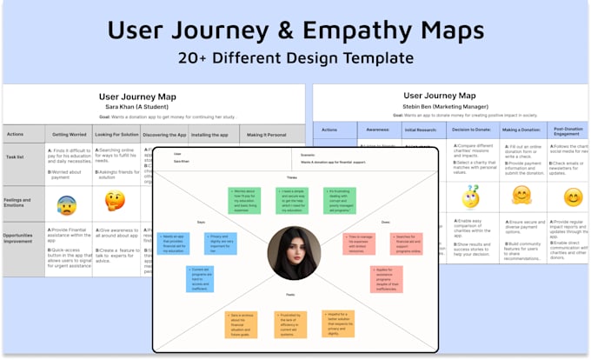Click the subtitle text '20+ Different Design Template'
[295, 59]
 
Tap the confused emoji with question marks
[470, 197]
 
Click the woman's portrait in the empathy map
[295, 253]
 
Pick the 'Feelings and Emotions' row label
[19, 202]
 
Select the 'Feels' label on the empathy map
[293, 295]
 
